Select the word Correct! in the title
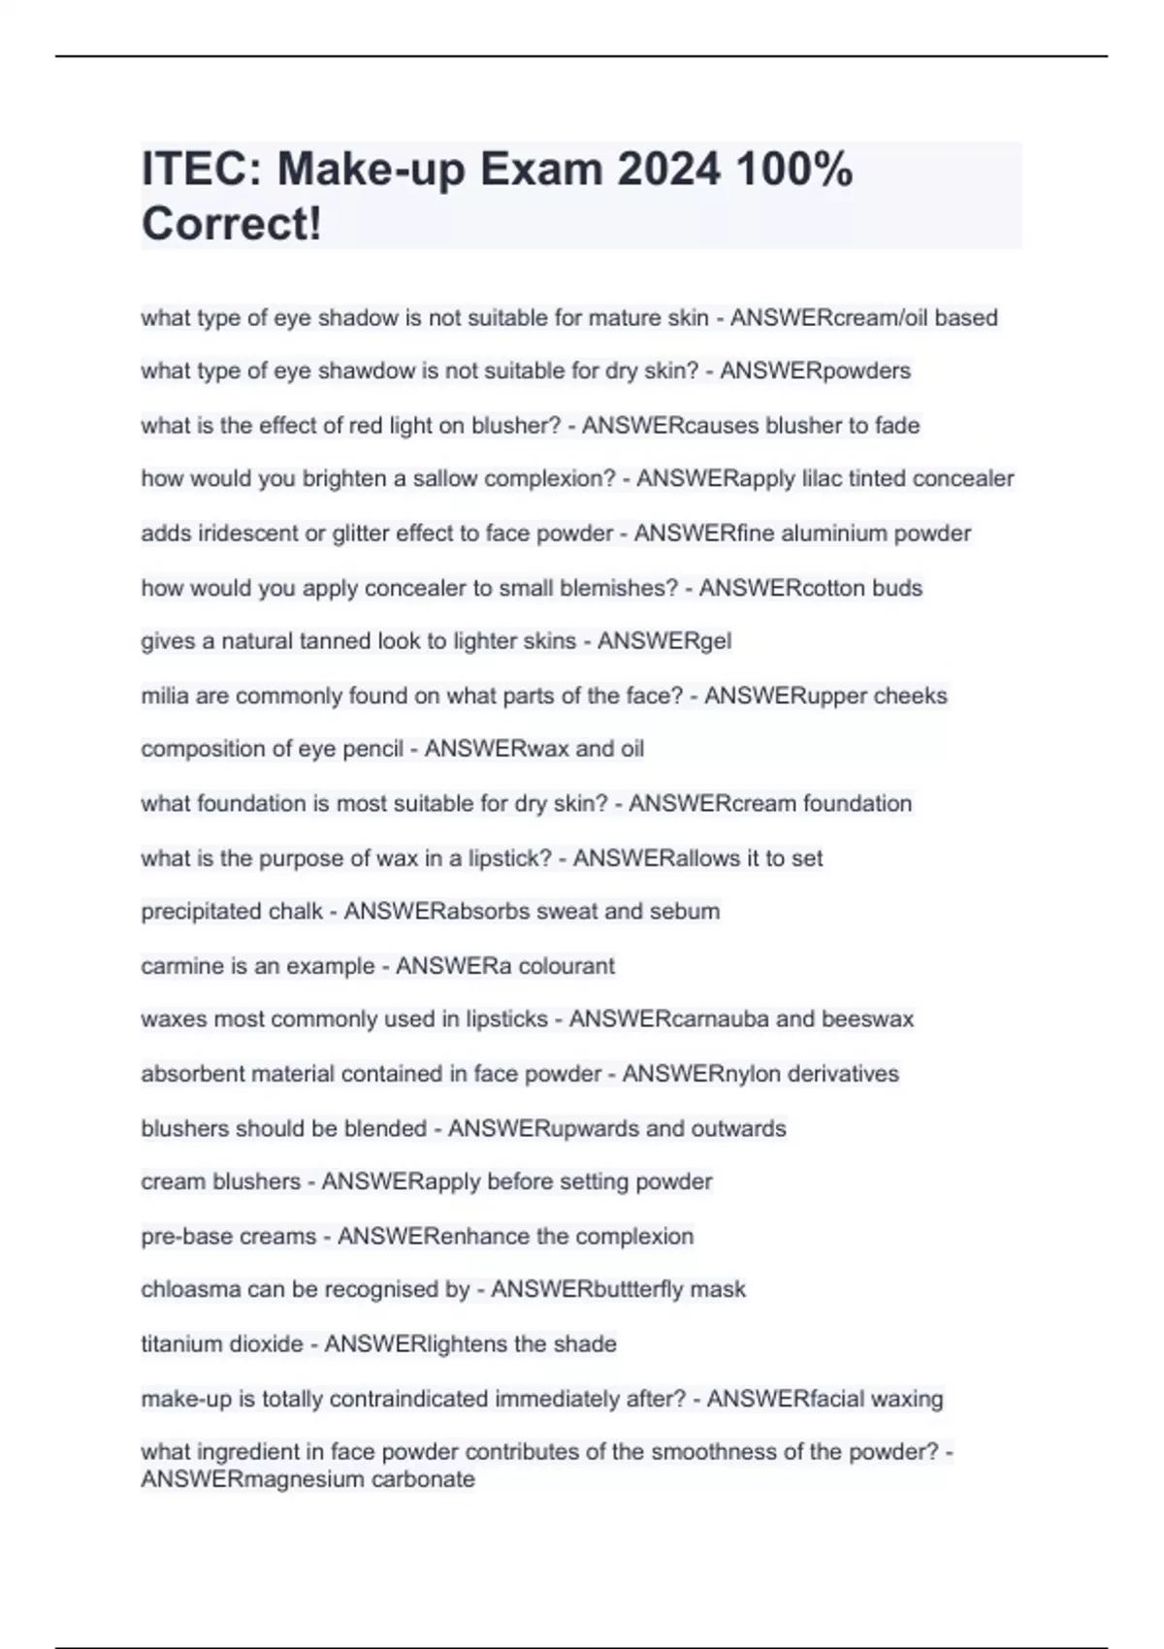(x=231, y=224)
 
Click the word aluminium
(x=842, y=533)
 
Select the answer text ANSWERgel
(x=664, y=641)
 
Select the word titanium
(x=180, y=1344)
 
